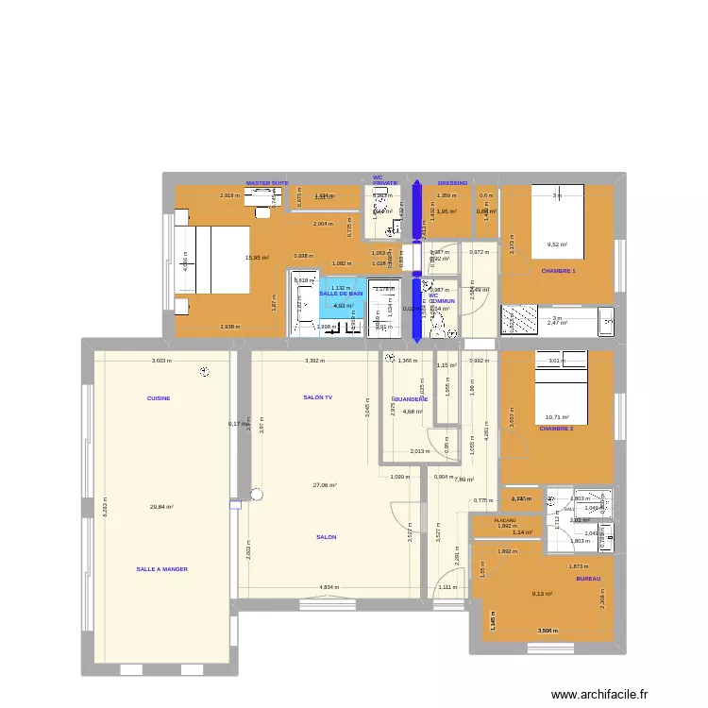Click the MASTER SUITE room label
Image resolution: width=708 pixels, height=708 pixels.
click(x=267, y=183)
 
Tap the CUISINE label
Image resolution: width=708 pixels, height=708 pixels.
click(x=159, y=398)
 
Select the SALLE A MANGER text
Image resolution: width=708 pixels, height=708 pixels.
click(x=162, y=569)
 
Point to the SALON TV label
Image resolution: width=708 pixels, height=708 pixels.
click(x=317, y=398)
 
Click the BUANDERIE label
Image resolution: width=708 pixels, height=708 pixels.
click(x=410, y=399)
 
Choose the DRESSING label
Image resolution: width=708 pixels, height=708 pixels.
click(x=452, y=183)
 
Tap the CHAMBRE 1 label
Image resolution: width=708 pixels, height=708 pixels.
click(x=558, y=271)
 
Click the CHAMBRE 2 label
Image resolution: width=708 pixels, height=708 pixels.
click(x=556, y=429)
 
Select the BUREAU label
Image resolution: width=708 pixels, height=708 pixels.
click(x=588, y=579)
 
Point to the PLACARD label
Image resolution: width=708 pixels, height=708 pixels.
click(x=505, y=519)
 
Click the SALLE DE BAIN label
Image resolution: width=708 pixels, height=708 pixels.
click(x=341, y=294)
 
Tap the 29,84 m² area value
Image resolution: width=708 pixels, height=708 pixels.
click(x=161, y=507)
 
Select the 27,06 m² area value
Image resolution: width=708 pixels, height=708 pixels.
click(x=325, y=485)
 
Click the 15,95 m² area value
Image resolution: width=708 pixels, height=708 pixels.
click(x=258, y=258)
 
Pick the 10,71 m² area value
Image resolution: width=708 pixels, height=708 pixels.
click(x=559, y=416)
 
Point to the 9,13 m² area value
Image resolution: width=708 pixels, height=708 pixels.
click(x=542, y=594)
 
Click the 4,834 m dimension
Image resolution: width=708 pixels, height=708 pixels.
click(x=329, y=587)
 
